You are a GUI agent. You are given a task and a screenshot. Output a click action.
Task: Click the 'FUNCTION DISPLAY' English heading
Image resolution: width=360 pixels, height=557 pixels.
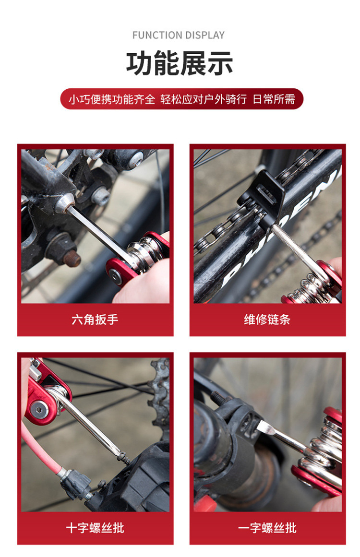coord(179,35)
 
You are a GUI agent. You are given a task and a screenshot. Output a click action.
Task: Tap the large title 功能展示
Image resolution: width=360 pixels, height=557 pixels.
coord(180,63)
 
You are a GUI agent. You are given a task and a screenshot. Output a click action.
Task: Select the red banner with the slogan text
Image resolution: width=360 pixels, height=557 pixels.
coord(181,99)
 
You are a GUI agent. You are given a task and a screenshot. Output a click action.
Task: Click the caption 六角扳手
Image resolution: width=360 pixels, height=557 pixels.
coord(95,320)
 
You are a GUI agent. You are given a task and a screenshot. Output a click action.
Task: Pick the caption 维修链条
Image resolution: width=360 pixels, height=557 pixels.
coord(267,320)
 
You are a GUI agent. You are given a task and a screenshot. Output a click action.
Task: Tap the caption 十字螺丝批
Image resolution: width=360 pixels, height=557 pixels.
coord(95,528)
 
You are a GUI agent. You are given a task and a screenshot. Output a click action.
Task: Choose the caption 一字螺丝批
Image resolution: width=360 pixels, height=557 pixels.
coord(267,528)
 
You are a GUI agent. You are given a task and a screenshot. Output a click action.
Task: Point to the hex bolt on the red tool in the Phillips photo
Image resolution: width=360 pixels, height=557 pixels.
coord(38,409)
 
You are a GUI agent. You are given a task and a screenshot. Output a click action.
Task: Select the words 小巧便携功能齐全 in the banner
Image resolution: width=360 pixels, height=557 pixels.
coord(111,99)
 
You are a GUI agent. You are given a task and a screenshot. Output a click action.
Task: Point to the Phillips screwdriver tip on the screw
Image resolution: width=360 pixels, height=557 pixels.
coord(124,458)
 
